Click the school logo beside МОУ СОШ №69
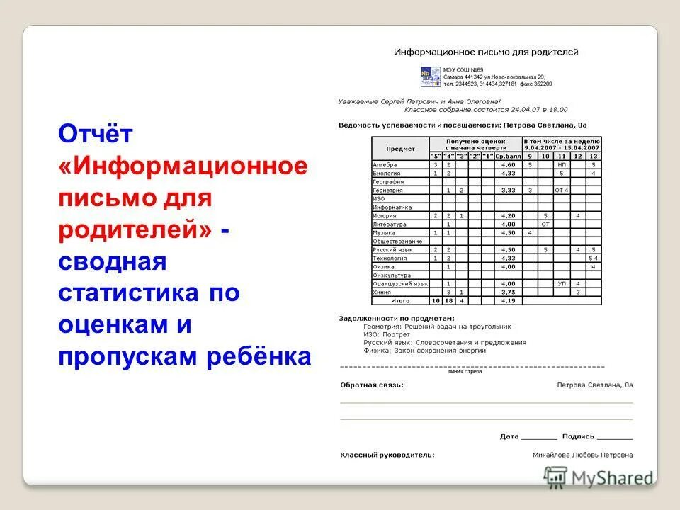pos(431,77)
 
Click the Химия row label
pos(383,292)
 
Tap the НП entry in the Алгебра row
pos(561,164)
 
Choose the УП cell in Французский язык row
pos(561,283)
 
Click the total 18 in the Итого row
pos(448,300)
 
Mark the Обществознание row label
pos(397,241)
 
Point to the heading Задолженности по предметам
pos(397,318)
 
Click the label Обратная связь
pos(371,385)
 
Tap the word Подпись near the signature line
pos(578,436)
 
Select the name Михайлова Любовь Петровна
pos(582,455)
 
